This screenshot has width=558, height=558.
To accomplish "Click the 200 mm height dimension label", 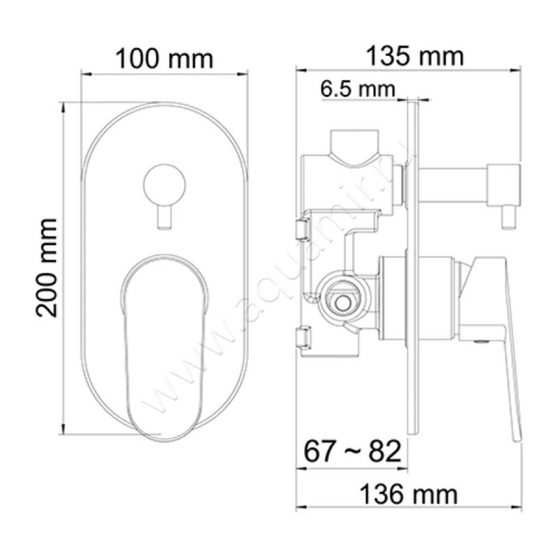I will point(46,268).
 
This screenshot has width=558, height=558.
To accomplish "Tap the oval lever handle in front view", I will point(165,342).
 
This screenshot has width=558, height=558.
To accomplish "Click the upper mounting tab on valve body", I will point(303,227).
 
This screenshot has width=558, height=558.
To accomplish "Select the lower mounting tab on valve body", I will point(303,337).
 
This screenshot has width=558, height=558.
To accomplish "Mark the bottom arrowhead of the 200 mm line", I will point(63,428).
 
